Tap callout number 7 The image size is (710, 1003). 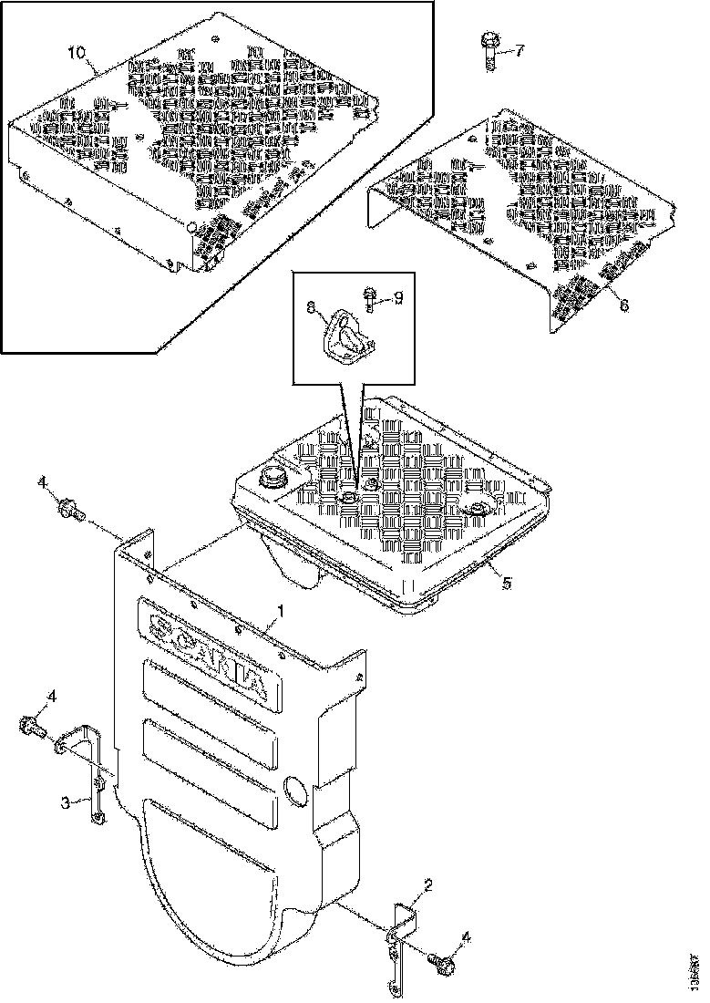tap(520, 50)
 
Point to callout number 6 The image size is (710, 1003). tap(624, 306)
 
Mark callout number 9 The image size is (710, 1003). tap(396, 297)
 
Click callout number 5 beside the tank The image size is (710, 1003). tap(508, 581)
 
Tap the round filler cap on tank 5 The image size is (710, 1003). tap(271, 477)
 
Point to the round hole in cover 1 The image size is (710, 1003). tap(294, 790)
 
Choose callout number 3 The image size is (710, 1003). tap(65, 801)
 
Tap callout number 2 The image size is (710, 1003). tap(427, 884)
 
